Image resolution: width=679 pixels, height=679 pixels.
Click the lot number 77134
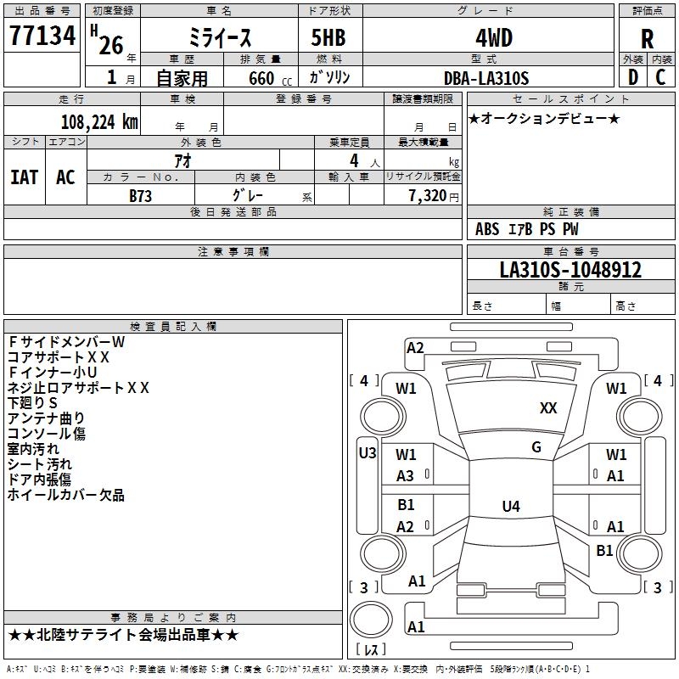pos(42,36)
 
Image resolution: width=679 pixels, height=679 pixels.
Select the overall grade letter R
pos(647,39)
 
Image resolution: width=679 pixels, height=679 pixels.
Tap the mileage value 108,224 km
pos(99,122)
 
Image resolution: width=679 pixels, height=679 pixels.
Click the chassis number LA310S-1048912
pos(570,269)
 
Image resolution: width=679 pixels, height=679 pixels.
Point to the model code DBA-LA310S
pos(486,78)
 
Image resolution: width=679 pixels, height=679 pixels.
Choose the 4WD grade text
pos(494,38)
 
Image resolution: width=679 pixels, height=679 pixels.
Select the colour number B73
pos(140,196)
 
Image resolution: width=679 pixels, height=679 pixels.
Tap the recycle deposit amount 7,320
pos(428,196)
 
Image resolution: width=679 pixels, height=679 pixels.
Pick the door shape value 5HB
pos(328,37)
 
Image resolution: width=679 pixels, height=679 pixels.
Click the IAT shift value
pos(25,177)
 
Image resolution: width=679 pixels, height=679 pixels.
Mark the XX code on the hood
pos(548,408)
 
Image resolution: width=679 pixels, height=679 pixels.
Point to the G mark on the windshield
pos(536,447)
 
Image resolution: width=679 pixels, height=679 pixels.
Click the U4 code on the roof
pos(511,506)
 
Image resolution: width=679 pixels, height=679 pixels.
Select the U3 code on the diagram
pos(368,453)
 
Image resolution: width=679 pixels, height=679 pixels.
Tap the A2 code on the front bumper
pos(415,348)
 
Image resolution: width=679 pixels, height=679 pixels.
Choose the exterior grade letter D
pos(633,77)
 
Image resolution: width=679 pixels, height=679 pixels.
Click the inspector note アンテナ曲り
pos(46,418)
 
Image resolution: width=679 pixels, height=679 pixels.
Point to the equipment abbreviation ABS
pos(487,229)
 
